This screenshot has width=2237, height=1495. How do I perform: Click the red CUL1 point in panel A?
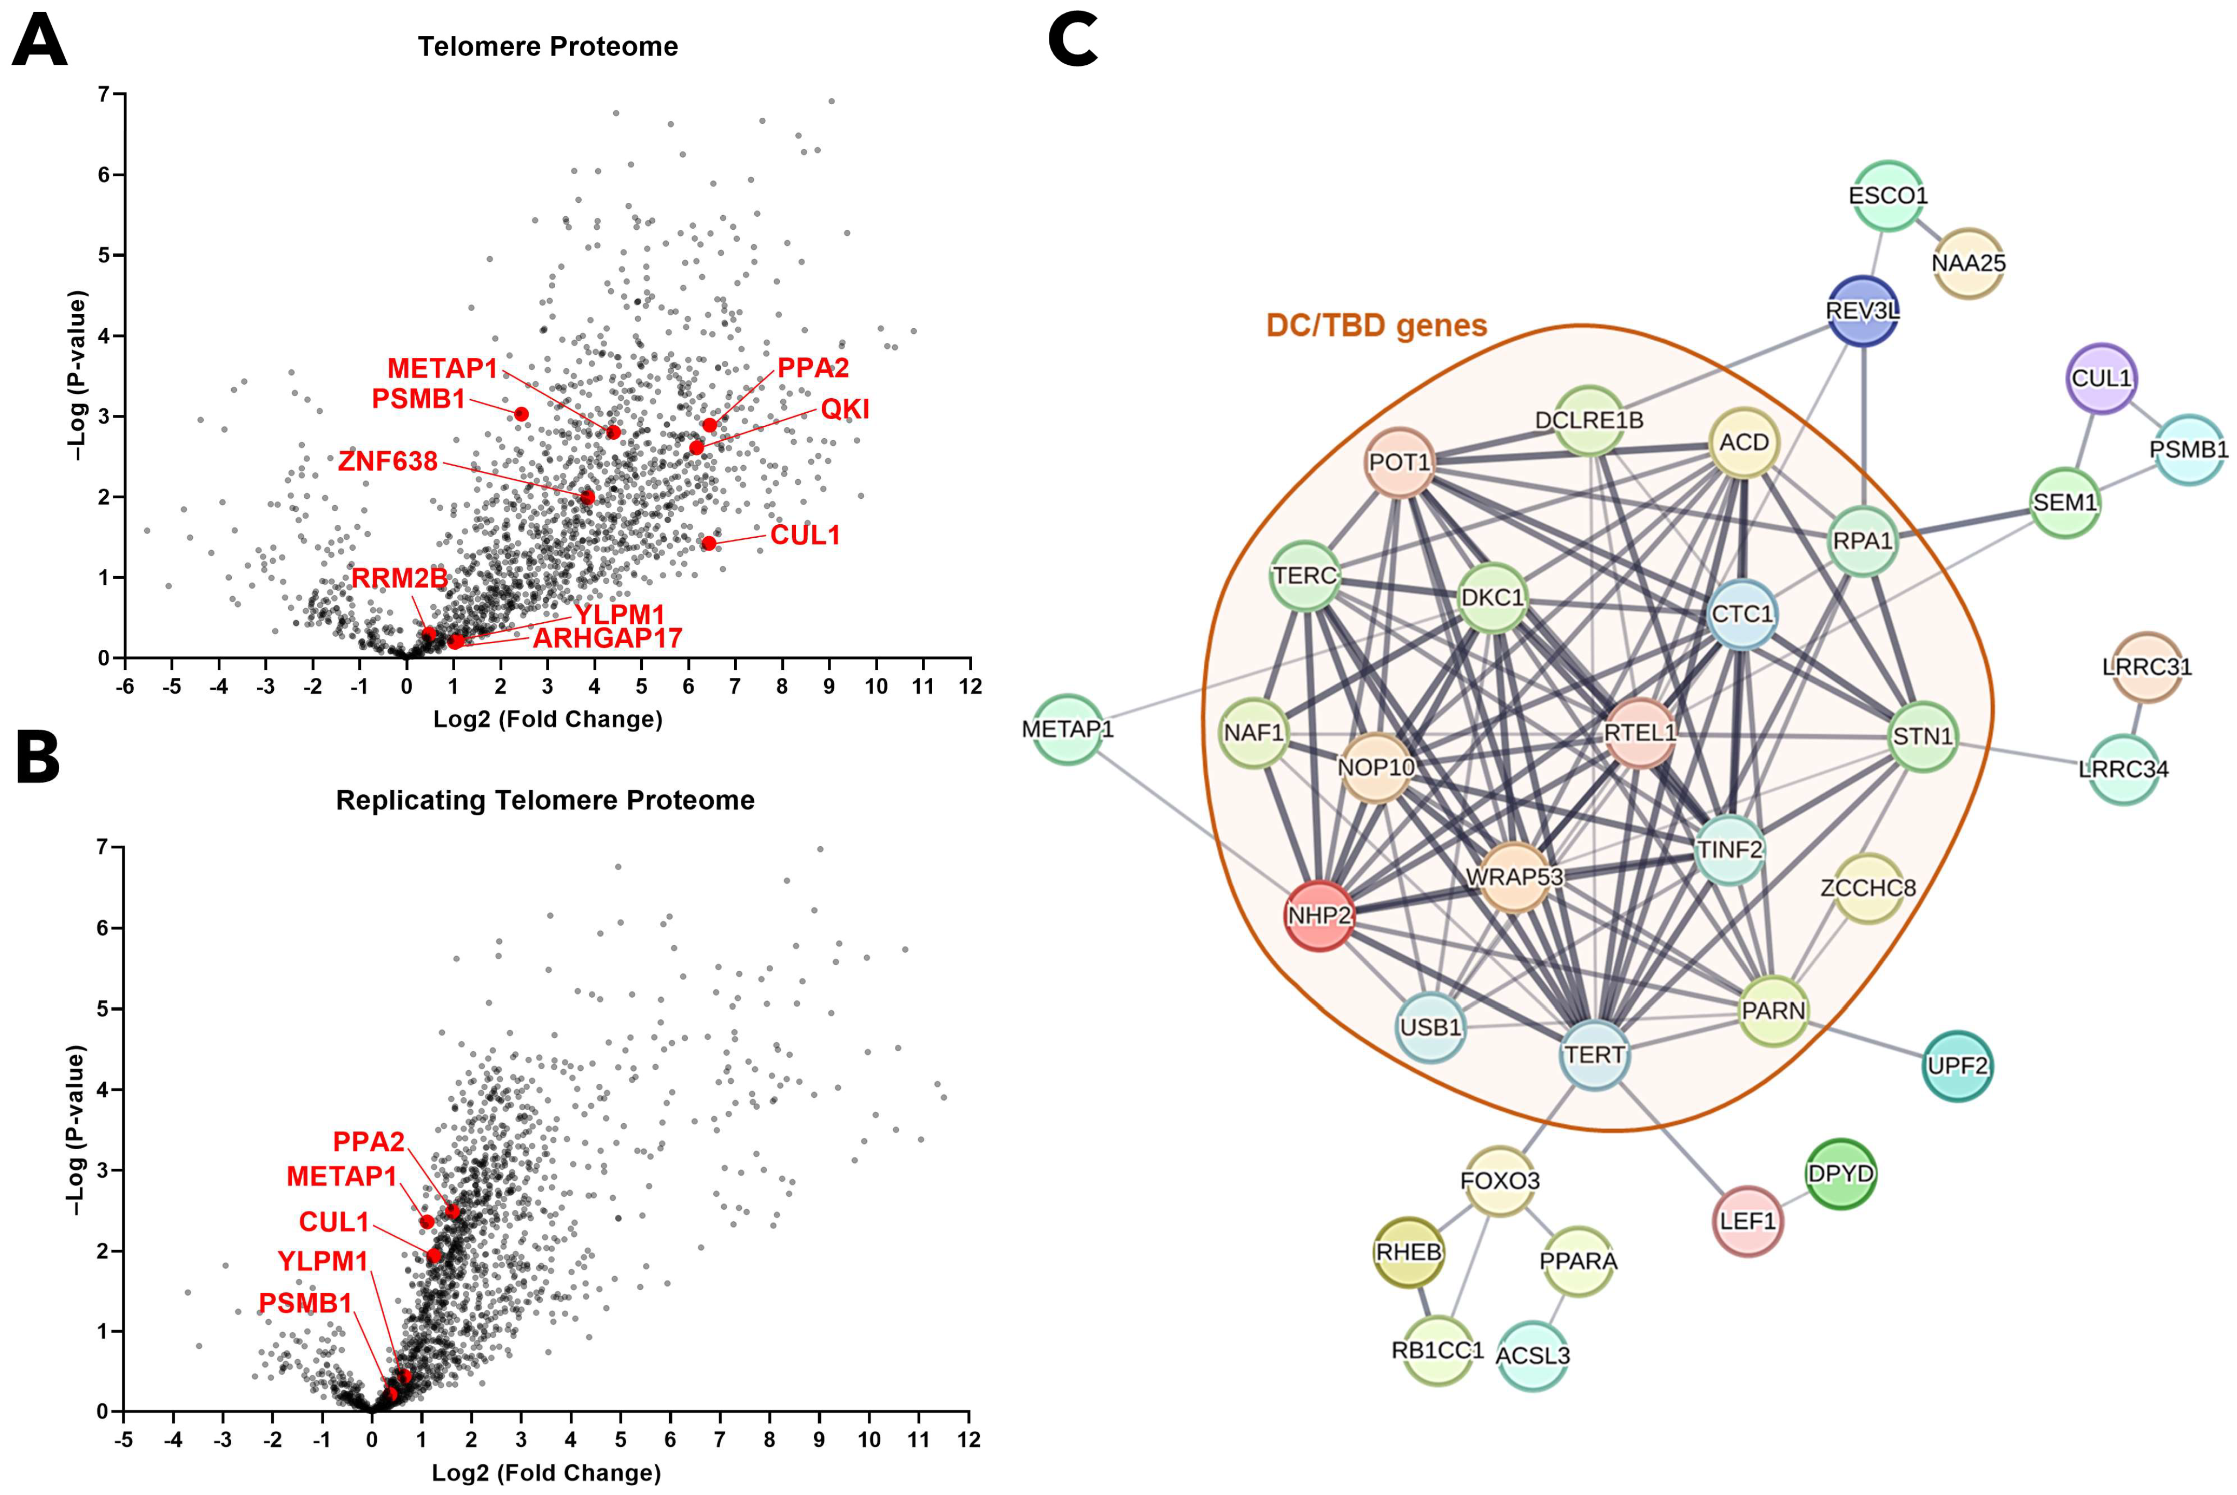[708, 542]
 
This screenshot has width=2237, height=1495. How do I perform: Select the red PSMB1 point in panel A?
[522, 414]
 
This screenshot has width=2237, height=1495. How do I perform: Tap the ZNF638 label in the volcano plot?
[388, 462]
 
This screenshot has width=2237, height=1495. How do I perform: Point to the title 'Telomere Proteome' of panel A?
[548, 47]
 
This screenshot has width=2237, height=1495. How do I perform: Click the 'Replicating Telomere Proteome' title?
[545, 800]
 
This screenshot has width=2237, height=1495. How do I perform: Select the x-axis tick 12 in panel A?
[970, 687]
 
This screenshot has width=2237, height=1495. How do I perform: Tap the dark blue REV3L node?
[1862, 311]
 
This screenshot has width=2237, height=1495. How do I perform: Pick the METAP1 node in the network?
[1067, 730]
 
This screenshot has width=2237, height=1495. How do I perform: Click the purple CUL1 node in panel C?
[2102, 379]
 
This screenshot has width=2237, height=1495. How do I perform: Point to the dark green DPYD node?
[1840, 1173]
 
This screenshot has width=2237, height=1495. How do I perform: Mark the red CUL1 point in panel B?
[434, 1255]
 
